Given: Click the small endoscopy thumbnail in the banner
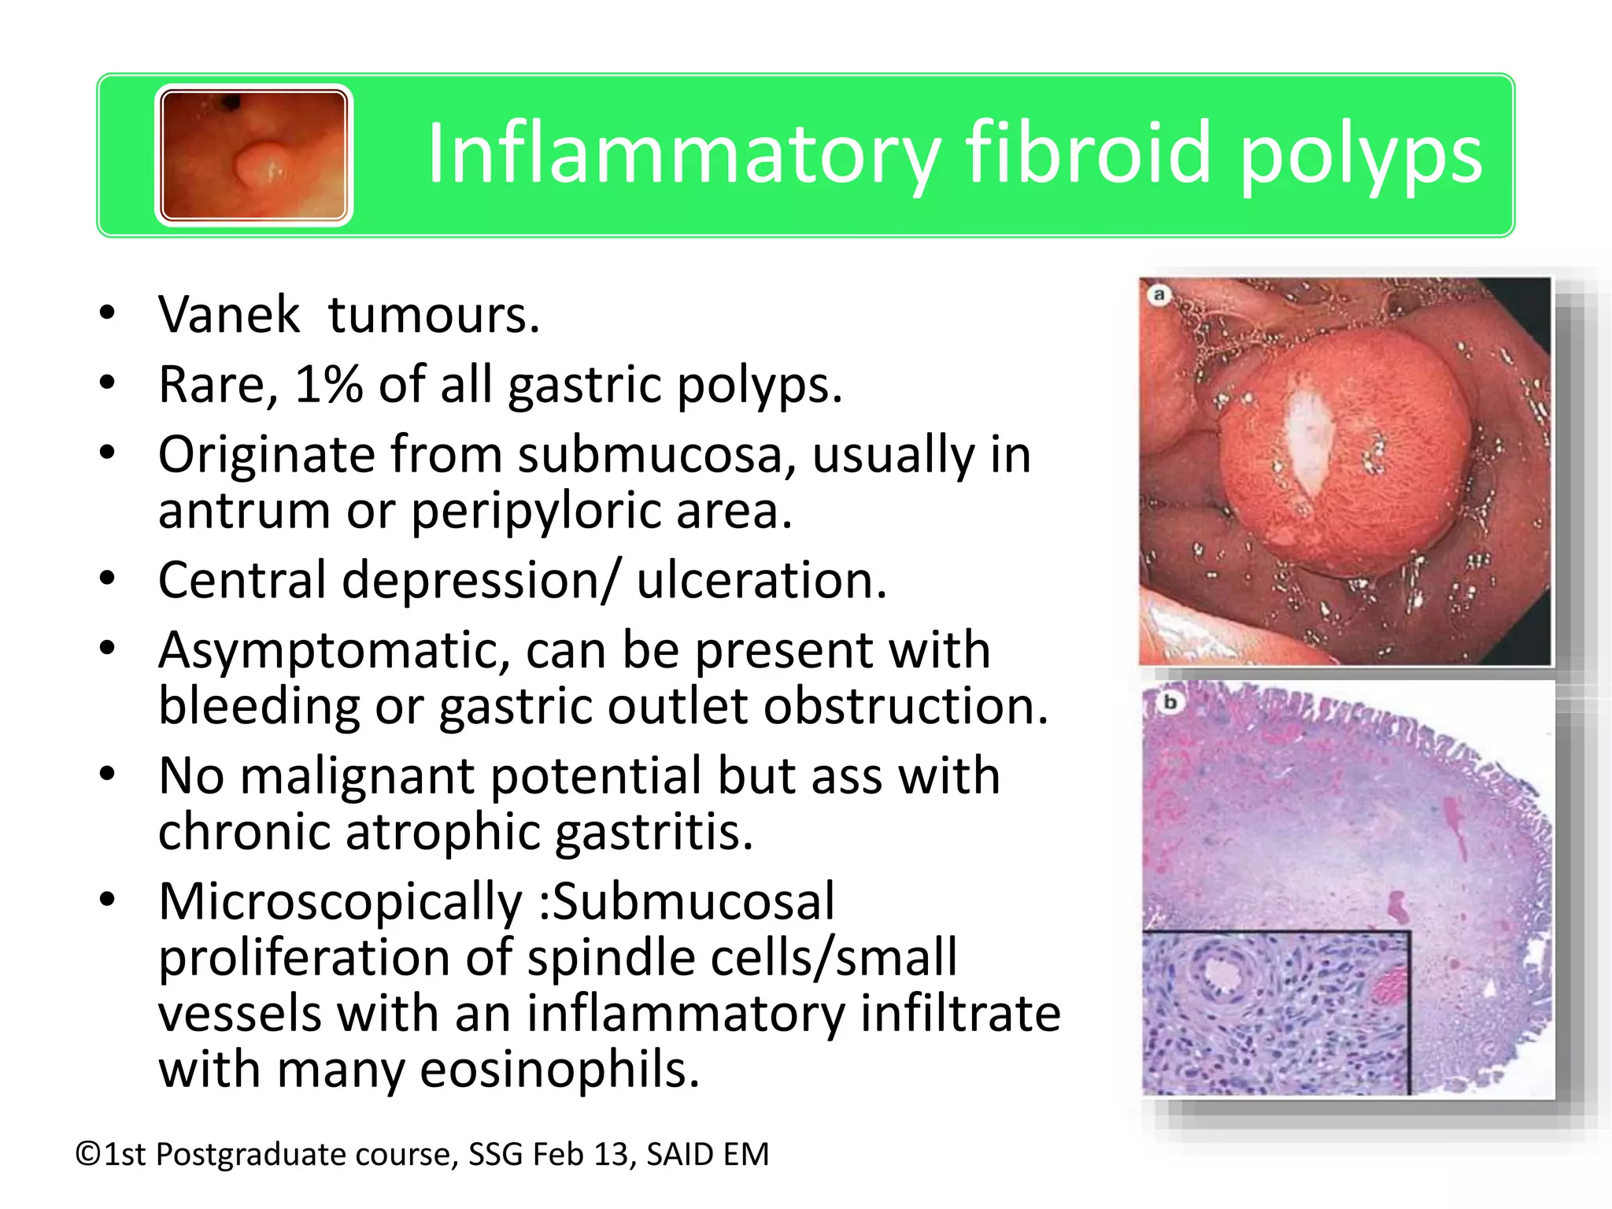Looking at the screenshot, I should click(253, 155).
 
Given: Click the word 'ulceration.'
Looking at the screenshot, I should click(761, 580).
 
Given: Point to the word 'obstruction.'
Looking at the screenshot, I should click(905, 706).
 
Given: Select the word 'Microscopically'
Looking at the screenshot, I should click(340, 902).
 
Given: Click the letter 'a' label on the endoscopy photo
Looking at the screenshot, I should click(1159, 295).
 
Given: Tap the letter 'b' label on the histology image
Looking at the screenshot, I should click(1170, 701).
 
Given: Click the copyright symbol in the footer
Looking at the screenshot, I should click(88, 1155).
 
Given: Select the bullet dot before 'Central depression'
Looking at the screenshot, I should click(108, 580).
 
